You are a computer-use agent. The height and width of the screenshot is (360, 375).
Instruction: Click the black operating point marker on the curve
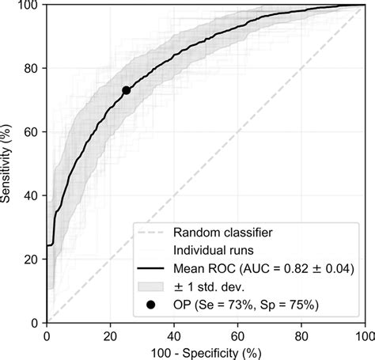(x=126, y=90)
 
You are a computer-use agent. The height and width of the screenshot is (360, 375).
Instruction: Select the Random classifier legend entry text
(x=224, y=233)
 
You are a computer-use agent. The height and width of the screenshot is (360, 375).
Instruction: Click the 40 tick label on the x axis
(x=174, y=334)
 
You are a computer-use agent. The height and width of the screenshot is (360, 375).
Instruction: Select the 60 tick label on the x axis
(x=237, y=334)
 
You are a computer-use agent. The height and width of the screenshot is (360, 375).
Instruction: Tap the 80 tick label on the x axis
(x=301, y=334)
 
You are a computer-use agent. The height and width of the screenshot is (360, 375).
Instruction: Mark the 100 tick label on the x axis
(x=363, y=334)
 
